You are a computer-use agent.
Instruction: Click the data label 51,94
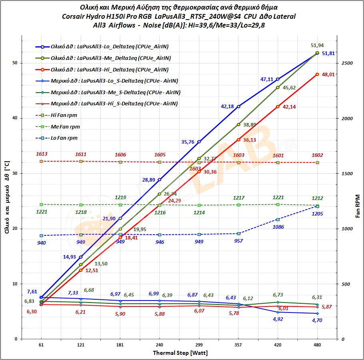(317, 45)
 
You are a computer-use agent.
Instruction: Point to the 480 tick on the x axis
(317, 344)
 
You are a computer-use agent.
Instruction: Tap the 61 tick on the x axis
(41, 344)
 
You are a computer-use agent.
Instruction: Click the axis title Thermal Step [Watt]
(180, 353)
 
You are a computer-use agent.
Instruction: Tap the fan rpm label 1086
(278, 227)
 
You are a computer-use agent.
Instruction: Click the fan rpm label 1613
(41, 154)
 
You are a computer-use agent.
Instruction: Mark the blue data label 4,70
(317, 320)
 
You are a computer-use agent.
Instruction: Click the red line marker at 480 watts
(317, 74)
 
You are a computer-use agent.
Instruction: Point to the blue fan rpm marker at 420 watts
(278, 220)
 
